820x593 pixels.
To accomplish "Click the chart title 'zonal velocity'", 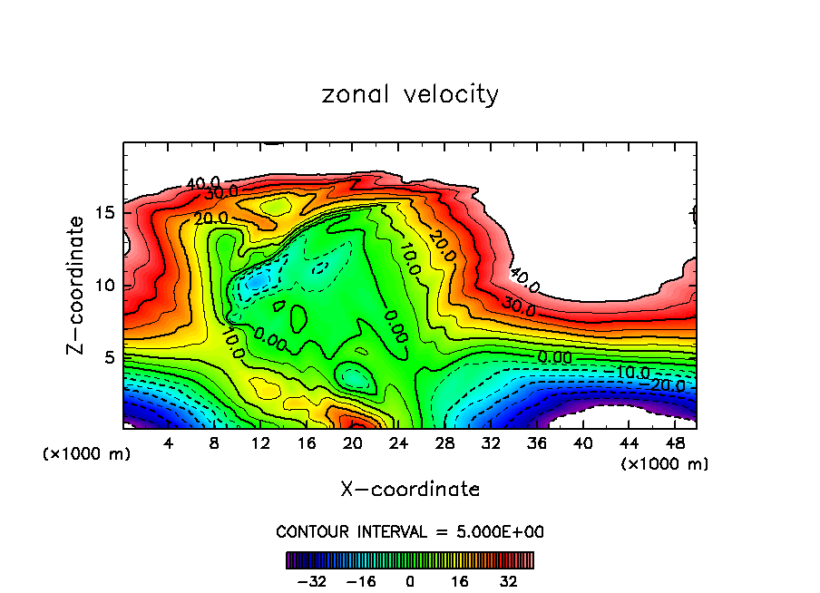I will click(410, 94).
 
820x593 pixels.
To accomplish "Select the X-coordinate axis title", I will click(410, 489).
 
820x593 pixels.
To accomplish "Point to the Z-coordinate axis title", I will click(77, 285).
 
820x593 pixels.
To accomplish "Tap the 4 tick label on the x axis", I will click(168, 444).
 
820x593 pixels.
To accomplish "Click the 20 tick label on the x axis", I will click(353, 444).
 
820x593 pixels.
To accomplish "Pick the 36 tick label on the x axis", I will click(538, 444).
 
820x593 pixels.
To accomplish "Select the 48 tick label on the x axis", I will click(676, 444).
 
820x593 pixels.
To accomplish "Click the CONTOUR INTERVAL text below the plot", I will click(410, 531).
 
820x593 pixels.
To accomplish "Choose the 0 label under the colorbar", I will click(410, 580).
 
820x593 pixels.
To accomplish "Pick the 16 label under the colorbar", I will click(458, 580).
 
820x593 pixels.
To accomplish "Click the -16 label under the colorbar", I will click(362, 580).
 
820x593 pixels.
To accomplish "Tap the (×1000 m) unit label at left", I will click(87, 453).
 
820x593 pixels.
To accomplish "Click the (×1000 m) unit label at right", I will click(664, 463).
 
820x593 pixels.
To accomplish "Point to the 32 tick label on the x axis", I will click(492, 444).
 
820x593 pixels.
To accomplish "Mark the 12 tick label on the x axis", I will click(260, 444).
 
